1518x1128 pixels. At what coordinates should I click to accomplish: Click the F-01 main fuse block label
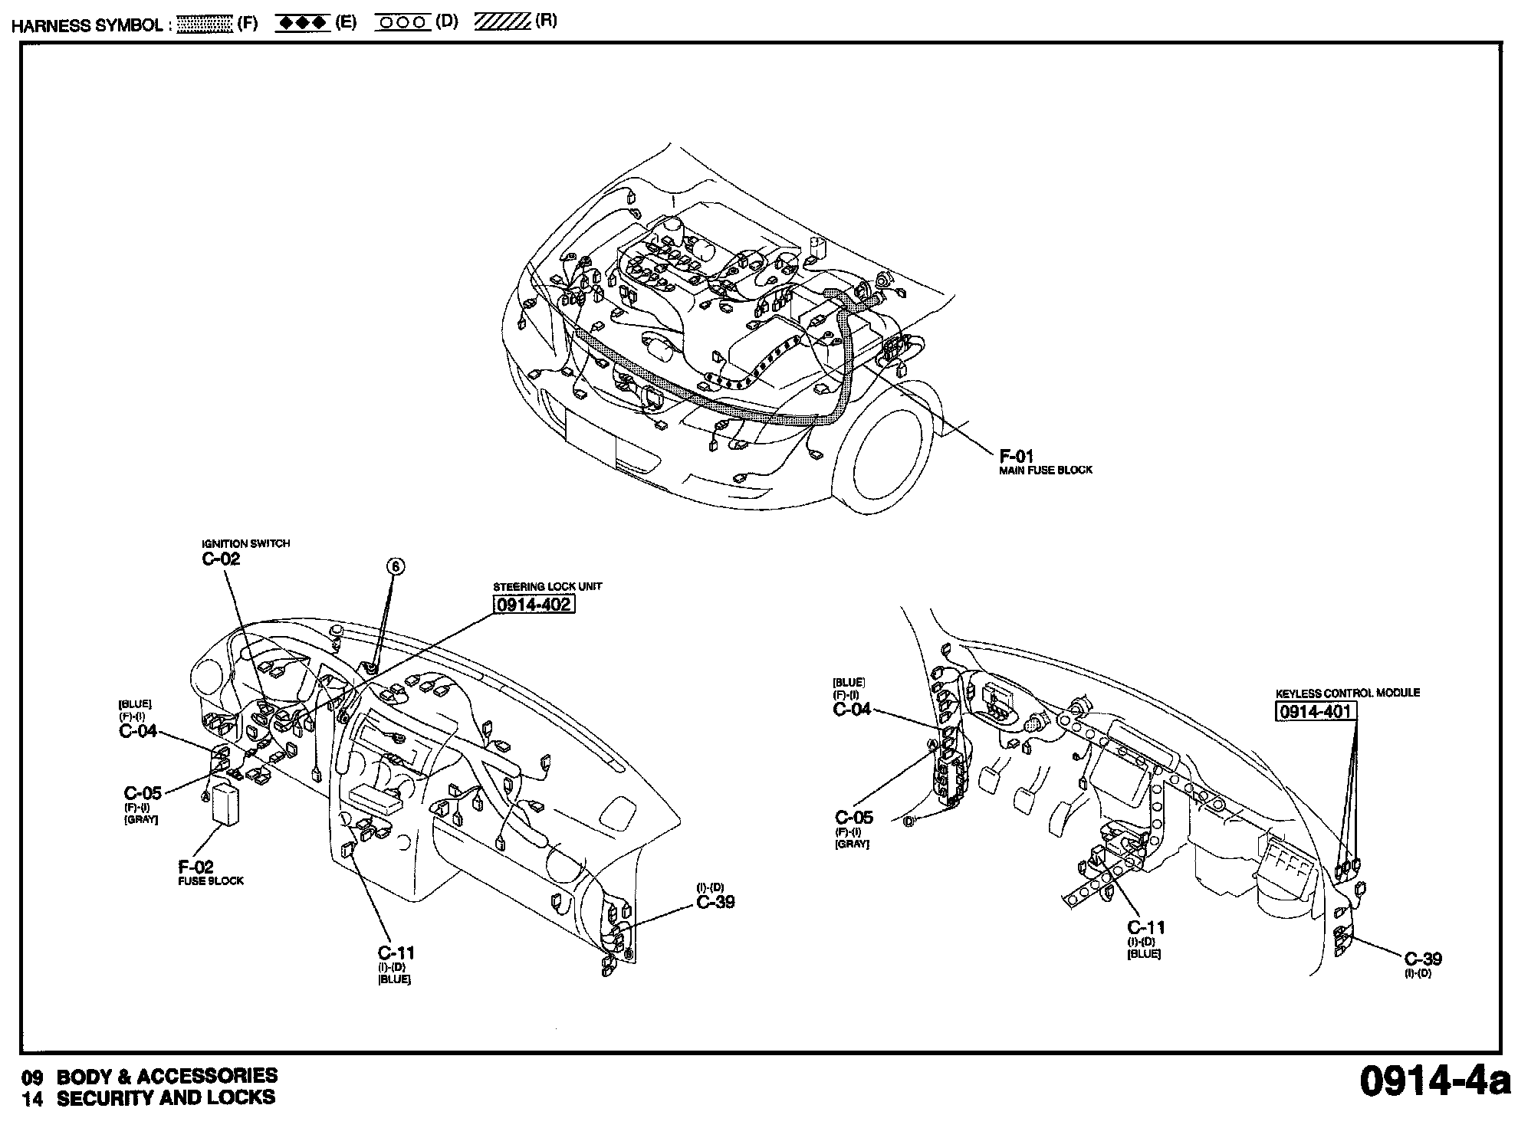point(1017,457)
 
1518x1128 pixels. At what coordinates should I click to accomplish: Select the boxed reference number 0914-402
point(534,605)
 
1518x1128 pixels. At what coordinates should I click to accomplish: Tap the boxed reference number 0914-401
point(1315,712)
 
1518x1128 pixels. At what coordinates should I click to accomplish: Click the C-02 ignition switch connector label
point(221,559)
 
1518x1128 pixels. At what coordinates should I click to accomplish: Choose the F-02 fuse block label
point(196,867)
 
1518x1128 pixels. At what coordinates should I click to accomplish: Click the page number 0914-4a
point(1431,1081)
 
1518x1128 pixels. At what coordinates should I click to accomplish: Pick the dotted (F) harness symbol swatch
point(204,24)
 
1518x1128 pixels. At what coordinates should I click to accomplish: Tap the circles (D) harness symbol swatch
point(403,23)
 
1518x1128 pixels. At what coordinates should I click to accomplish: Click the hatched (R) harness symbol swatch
point(503,22)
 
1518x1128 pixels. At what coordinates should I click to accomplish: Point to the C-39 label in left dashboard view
point(715,902)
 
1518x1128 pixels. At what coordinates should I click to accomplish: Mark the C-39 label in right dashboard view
point(1423,959)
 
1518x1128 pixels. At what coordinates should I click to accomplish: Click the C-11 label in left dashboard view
point(396,953)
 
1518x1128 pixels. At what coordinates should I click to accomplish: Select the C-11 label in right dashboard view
point(1146,928)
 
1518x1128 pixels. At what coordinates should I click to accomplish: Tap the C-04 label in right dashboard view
point(852,710)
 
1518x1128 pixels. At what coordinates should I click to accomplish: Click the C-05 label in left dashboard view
point(143,793)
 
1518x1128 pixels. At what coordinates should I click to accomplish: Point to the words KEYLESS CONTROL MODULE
point(1348,693)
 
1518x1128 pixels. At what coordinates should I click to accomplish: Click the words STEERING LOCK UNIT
point(547,586)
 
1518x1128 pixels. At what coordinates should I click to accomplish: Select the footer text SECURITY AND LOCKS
point(166,1098)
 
